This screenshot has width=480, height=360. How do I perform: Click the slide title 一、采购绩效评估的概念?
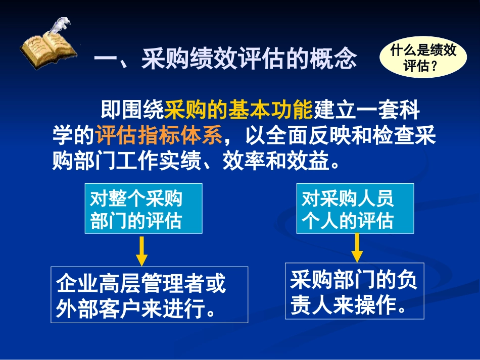coord(225,59)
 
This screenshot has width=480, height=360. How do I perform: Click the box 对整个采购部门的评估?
coord(146,208)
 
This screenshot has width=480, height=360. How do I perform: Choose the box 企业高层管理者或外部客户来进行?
coord(149,294)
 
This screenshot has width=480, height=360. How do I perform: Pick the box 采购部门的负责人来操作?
coord(354,291)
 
